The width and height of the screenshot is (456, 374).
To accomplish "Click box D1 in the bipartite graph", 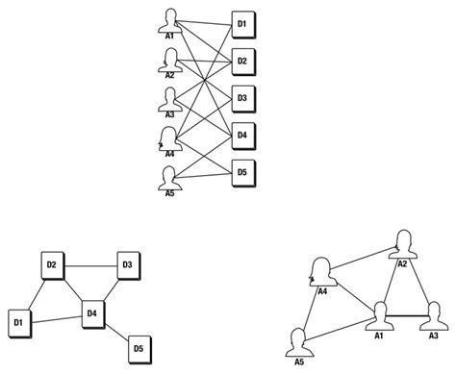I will [242, 23].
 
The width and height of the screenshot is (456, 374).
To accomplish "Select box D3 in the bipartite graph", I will [242, 98].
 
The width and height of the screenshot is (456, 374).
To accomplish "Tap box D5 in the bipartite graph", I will [242, 173].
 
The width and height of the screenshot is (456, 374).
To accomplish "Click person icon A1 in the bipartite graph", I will [170, 19].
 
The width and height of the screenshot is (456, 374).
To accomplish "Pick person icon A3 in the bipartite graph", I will [170, 99].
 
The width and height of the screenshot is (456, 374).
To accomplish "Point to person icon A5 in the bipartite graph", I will [170, 175].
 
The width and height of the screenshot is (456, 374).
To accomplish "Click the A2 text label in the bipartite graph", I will [170, 75].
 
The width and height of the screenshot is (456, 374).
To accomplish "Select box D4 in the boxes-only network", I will [92, 313].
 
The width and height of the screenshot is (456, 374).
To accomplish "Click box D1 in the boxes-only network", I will [18, 321].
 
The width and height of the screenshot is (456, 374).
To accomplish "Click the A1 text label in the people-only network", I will [380, 336].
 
